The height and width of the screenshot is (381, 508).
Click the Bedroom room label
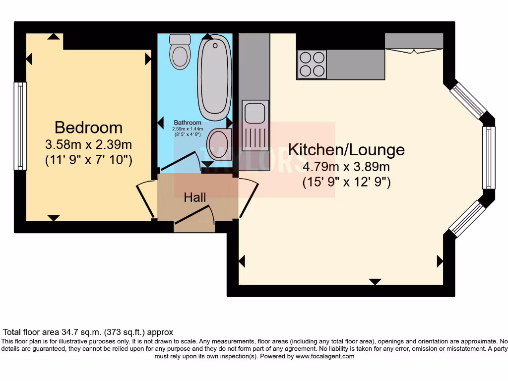tap(88, 127)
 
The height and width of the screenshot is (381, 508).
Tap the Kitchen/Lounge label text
tap(346, 149)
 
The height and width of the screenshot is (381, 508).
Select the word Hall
tap(195, 197)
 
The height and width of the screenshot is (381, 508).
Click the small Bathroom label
tap(188, 123)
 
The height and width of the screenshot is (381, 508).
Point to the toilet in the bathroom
tap(179, 52)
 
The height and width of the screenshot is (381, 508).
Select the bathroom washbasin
tap(218, 144)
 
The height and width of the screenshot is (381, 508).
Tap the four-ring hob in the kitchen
tap(312, 64)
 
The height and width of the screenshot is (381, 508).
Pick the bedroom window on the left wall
tap(20, 126)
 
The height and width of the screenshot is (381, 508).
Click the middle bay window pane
tap(489, 157)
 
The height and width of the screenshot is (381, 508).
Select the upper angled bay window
tap(468, 100)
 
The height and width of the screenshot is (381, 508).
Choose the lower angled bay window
tap(467, 218)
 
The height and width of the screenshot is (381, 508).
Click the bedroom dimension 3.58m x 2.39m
tap(88, 145)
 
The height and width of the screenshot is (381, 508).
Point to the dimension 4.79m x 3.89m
tap(346, 167)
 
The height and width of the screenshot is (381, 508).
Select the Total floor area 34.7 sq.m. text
tap(88, 332)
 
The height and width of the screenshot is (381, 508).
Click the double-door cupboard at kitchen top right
tap(414, 42)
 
